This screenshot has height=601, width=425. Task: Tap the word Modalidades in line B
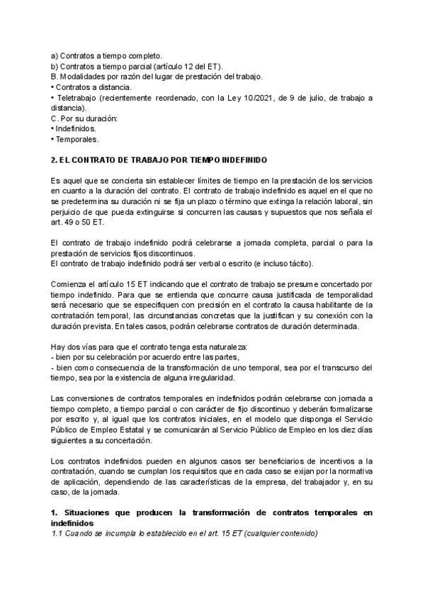[x=83, y=76]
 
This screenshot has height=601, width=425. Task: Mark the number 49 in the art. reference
[x=69, y=222]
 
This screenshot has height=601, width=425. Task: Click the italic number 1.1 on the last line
[x=58, y=534]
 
